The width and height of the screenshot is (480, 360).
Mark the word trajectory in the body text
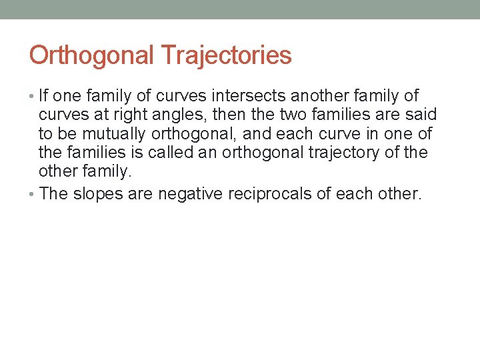click(346, 152)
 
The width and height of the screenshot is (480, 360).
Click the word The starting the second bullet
click(53, 194)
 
